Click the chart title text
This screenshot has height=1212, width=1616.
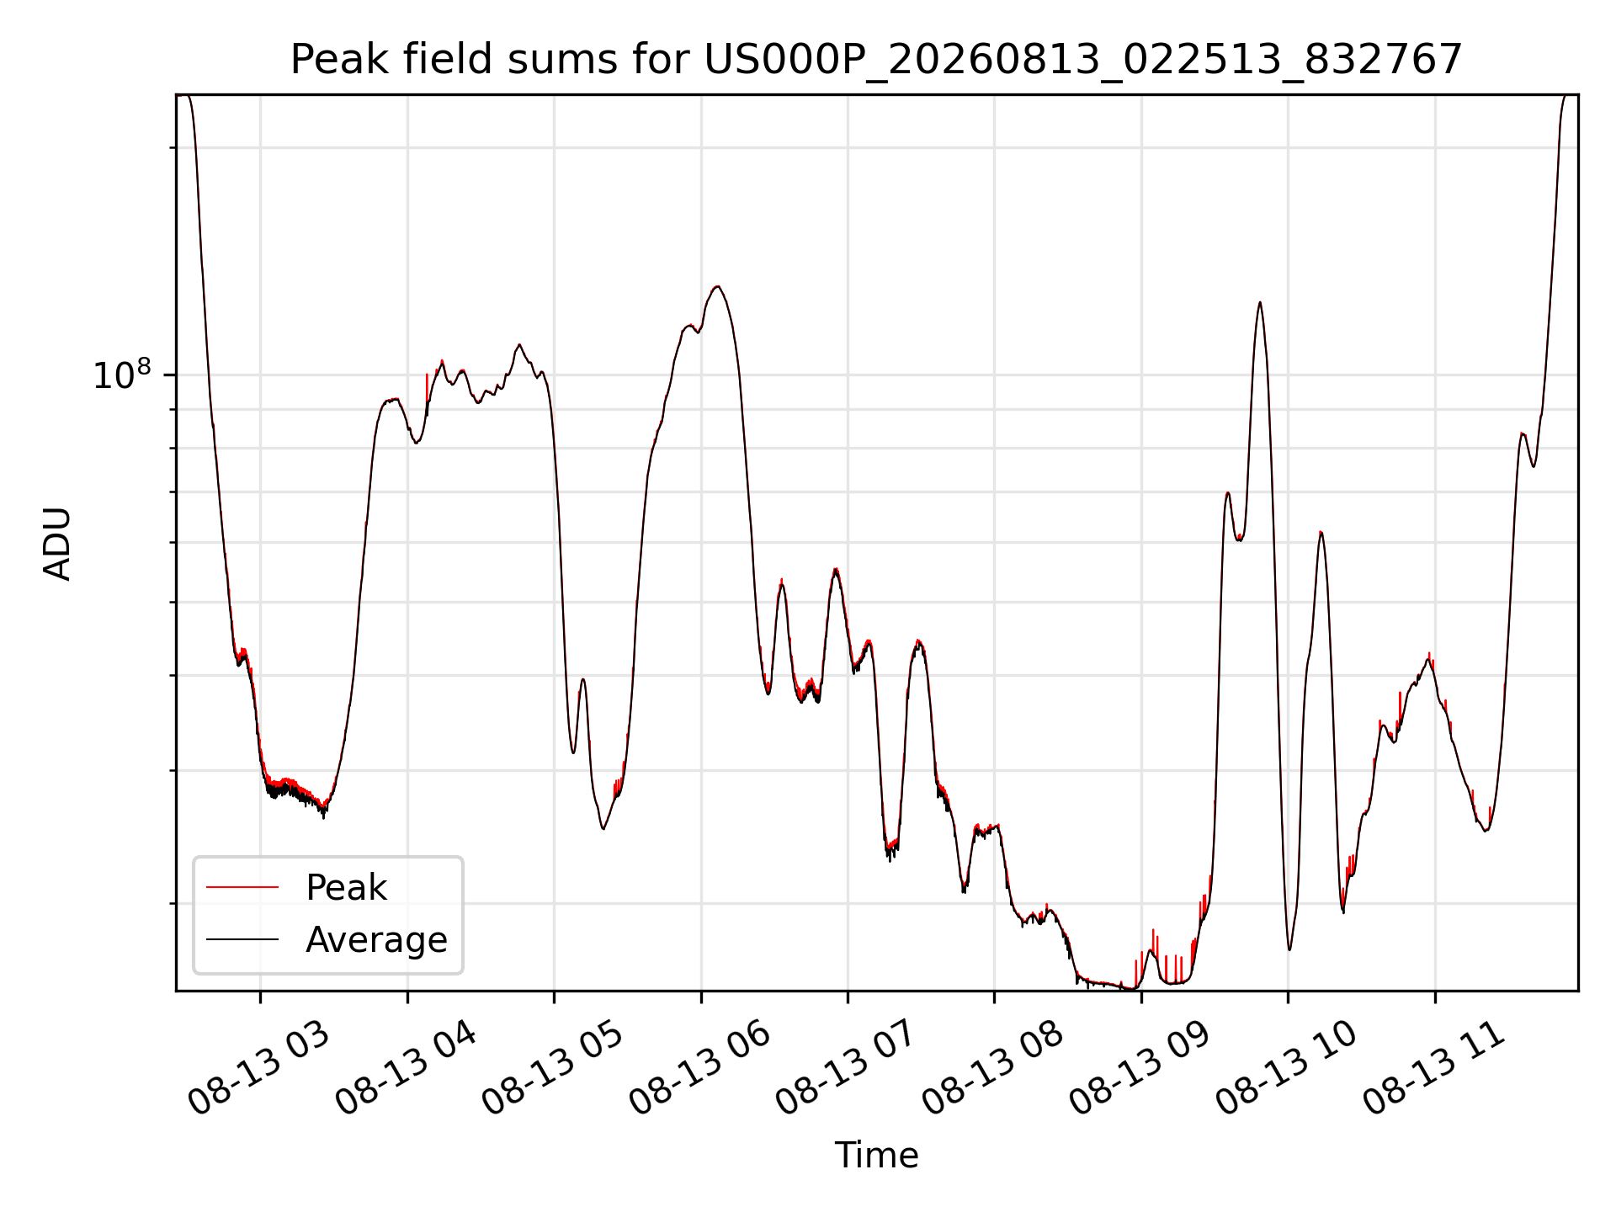coord(876,60)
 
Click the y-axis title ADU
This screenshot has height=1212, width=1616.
coord(57,543)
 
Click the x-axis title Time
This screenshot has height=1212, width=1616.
coord(876,1155)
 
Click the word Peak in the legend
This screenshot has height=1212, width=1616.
coord(346,888)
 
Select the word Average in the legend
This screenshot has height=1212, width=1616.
coord(376,939)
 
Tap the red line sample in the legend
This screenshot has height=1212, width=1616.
coord(242,887)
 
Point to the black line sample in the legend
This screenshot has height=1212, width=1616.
coord(242,938)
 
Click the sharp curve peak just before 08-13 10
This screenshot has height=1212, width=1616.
coord(1259,302)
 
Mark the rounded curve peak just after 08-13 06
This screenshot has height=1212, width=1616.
coord(716,287)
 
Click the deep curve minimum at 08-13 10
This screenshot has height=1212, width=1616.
coord(1289,949)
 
